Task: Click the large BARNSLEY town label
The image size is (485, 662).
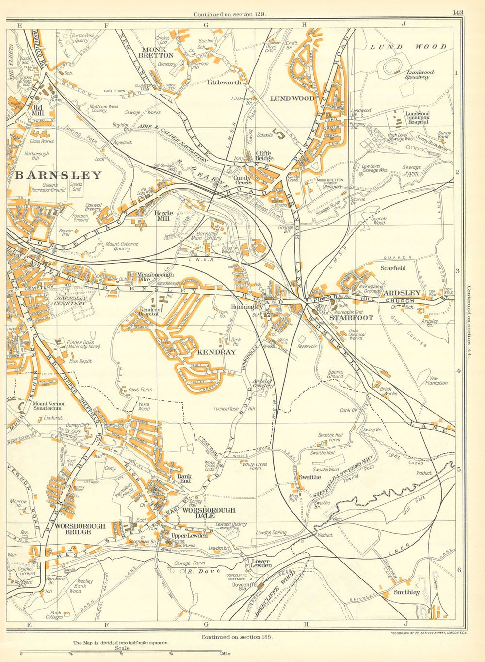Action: (x=58, y=175)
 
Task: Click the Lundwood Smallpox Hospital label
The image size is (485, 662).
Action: (x=418, y=118)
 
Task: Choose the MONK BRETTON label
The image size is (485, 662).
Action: (x=158, y=52)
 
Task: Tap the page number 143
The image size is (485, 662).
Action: (x=458, y=13)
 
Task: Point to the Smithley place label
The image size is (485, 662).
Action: (x=406, y=592)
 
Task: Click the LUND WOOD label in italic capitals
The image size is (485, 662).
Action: (x=408, y=47)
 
